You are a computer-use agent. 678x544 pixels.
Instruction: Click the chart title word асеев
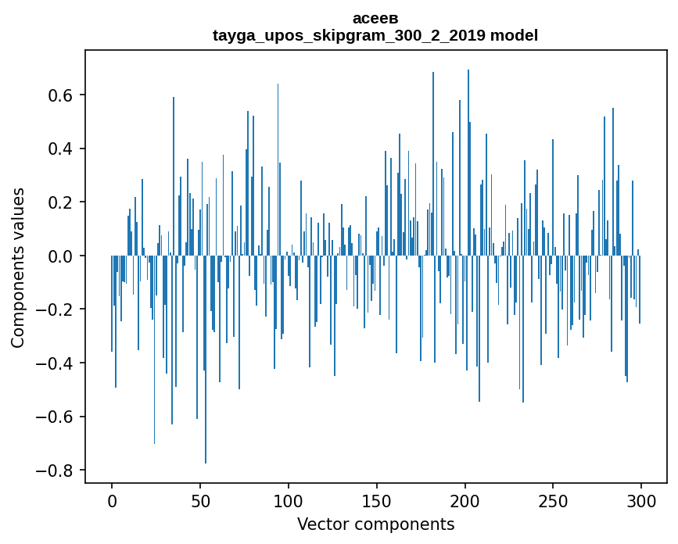coord(375,19)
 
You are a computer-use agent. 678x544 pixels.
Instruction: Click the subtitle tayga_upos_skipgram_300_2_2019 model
coord(375,35)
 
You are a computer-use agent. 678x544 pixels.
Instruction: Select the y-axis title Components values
coord(18,267)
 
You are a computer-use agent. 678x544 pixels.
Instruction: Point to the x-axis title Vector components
coord(375,524)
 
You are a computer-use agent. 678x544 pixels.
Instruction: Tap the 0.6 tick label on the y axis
coord(61,95)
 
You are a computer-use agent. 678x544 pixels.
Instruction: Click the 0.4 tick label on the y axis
coord(61,149)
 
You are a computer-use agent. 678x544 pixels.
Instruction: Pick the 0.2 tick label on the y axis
coord(61,202)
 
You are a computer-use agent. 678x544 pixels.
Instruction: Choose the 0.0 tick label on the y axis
coord(61,256)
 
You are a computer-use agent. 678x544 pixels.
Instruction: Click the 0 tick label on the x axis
coord(112,500)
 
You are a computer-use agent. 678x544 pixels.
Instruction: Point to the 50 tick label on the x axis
coord(200,500)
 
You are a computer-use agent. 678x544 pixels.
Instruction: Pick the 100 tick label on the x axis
coord(289,500)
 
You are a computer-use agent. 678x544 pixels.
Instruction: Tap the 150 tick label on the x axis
coord(377,500)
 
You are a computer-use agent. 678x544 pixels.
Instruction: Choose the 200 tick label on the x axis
coord(465,500)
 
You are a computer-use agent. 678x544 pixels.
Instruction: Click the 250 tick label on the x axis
coord(553,500)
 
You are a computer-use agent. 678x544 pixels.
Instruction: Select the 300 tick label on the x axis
coord(641,500)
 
